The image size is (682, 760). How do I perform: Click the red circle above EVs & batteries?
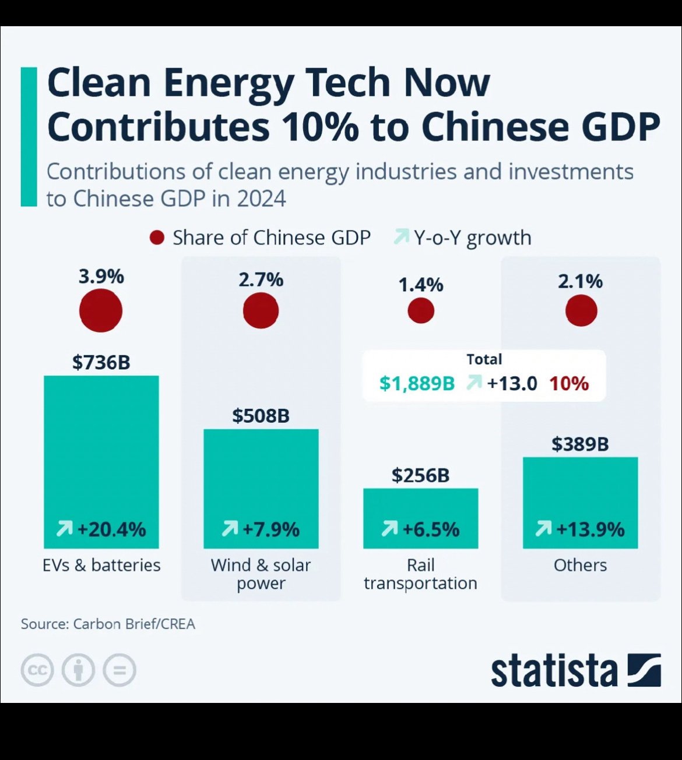[101, 310]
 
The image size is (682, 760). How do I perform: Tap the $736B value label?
[101, 362]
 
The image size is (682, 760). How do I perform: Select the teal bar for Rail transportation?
[420, 518]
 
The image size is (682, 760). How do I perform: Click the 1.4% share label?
[421, 285]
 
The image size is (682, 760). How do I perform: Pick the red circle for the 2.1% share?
[581, 310]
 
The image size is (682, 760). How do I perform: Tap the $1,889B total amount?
[417, 383]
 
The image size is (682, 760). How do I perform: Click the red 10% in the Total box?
[568, 383]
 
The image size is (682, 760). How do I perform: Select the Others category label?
[580, 565]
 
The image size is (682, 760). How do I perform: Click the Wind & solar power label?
[261, 574]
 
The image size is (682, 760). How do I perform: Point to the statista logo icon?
[644, 670]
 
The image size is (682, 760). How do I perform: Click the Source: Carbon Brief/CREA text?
[108, 624]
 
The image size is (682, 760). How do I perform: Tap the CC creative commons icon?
[37, 670]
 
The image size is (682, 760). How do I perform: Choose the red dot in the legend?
[157, 238]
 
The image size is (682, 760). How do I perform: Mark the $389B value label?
[580, 444]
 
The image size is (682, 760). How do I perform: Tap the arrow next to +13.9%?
[543, 529]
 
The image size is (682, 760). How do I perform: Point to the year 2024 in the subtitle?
[261, 199]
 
